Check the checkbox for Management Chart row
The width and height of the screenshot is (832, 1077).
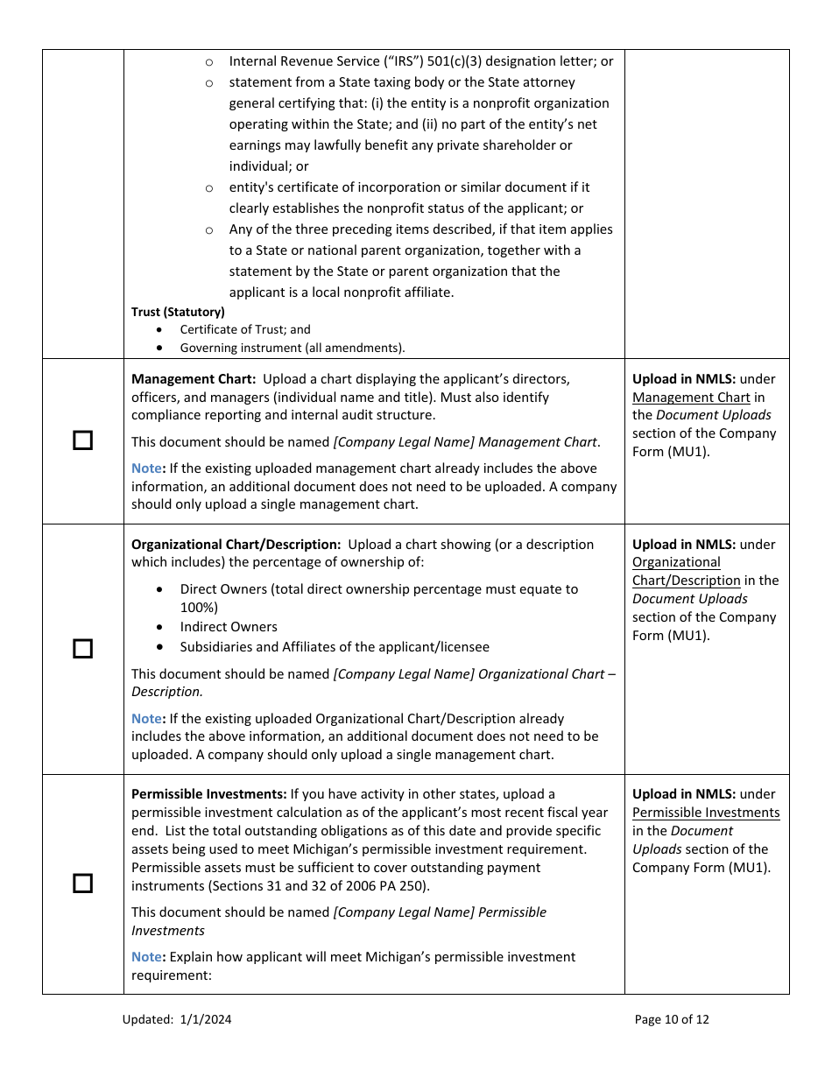(x=82, y=440)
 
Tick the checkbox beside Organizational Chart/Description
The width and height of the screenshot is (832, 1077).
(x=82, y=649)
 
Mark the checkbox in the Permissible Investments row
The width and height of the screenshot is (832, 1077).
(x=82, y=883)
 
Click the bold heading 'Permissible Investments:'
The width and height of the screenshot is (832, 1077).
(x=208, y=794)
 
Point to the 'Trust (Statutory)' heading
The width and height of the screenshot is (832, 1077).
(x=178, y=312)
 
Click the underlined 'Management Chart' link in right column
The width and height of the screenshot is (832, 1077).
(x=691, y=398)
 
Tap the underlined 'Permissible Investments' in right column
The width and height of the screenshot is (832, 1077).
(x=706, y=813)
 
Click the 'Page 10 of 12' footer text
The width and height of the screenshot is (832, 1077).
(x=672, y=1019)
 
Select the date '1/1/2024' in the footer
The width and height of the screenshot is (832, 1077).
(x=207, y=1019)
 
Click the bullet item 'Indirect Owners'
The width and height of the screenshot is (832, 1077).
(x=229, y=627)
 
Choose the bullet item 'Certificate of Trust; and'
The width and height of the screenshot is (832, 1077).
(x=245, y=330)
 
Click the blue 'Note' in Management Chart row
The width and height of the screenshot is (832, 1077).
(x=146, y=468)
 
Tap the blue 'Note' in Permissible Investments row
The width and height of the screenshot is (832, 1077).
(x=146, y=957)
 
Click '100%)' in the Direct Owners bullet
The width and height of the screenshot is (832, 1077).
(x=199, y=608)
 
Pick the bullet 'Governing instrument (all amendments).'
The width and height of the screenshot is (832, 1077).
(x=293, y=348)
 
